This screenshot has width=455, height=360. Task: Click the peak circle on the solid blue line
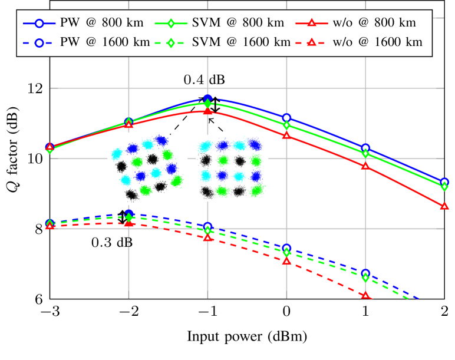[x=207, y=98]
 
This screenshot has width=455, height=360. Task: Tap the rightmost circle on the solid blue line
[x=444, y=183]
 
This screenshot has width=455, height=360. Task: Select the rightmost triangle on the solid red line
[x=444, y=206]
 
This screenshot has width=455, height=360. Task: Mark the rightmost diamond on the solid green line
[x=444, y=187]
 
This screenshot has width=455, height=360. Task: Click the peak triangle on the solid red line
[x=207, y=111]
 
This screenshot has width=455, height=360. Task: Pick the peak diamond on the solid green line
[x=207, y=104]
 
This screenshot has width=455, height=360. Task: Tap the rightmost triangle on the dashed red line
[x=365, y=295]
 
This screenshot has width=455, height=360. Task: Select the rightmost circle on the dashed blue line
[x=365, y=273]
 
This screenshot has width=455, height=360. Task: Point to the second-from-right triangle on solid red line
[x=365, y=166]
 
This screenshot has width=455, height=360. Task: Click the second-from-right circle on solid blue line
[x=365, y=148]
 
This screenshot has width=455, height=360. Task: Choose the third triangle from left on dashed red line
[x=207, y=237]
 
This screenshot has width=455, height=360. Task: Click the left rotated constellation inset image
[x=147, y=169]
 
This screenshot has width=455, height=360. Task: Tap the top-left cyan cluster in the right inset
[x=205, y=146]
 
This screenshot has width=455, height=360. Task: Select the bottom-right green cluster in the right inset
[x=256, y=190]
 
